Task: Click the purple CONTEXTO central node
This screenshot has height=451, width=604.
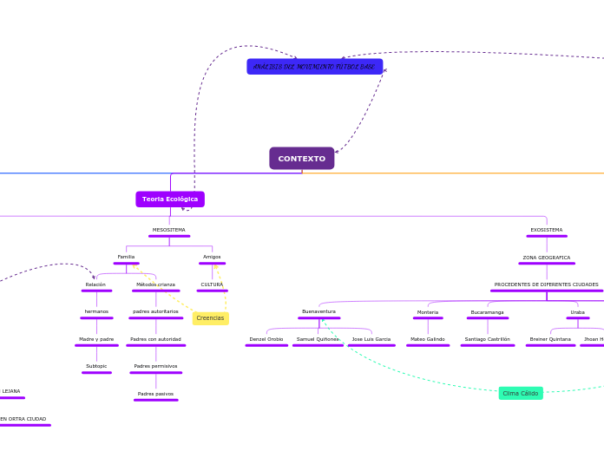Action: (301, 159)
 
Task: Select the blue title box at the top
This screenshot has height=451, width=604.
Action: (314, 67)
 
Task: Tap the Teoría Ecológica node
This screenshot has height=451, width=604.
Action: (170, 199)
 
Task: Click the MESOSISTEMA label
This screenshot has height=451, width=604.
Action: (169, 230)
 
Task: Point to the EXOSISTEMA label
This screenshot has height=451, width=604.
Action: (547, 230)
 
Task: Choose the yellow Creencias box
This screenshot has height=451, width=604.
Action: (210, 318)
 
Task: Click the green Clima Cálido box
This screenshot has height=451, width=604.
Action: (521, 393)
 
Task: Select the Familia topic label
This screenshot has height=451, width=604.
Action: (126, 257)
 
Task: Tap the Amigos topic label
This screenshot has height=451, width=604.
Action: (212, 257)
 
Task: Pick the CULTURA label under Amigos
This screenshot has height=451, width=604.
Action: (212, 284)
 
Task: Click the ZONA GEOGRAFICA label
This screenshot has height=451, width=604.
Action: (547, 258)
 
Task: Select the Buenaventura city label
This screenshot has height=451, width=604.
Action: (318, 311)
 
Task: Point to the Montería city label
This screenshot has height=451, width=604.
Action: (428, 312)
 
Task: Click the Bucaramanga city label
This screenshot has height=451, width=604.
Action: (487, 312)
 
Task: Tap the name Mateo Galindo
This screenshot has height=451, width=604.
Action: (428, 339)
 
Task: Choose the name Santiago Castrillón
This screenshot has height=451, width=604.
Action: (487, 339)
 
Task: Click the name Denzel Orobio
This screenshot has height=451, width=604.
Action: (266, 339)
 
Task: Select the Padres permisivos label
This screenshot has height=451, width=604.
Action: (155, 366)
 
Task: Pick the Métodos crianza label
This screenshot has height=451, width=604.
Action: (155, 284)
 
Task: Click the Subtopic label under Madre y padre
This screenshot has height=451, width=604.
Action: (96, 366)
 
